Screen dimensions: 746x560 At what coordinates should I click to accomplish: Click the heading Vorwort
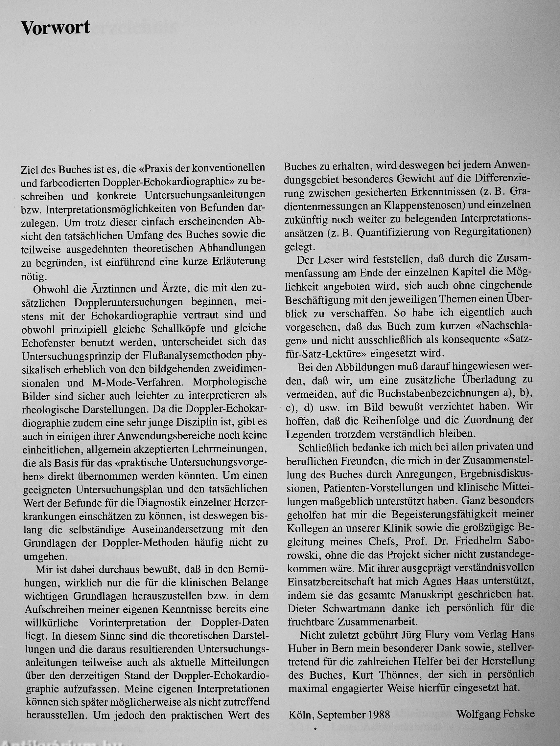coord(55,28)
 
